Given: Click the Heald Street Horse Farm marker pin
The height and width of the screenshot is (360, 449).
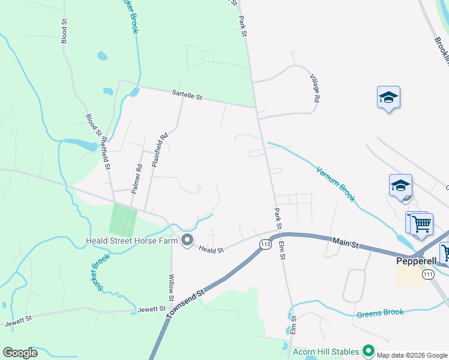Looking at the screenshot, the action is coord(187,241).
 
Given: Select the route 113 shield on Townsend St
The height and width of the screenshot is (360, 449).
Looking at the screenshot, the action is coord(265,244).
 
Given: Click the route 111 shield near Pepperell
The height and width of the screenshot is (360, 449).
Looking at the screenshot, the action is coord(427,274).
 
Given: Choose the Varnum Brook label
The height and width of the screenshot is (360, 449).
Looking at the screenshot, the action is coord(336,184).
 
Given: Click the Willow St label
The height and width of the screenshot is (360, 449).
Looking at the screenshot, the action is coord(172,287).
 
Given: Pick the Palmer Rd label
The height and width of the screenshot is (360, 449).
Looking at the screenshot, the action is coord(138,176).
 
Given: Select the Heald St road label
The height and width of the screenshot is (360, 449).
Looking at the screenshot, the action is coord(211,249).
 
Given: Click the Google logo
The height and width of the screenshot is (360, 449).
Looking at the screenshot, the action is coord(20,353).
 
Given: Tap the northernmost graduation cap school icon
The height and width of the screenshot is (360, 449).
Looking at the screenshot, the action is coord(388,97).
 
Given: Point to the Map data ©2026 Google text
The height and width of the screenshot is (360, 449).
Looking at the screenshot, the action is coord(412,355).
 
